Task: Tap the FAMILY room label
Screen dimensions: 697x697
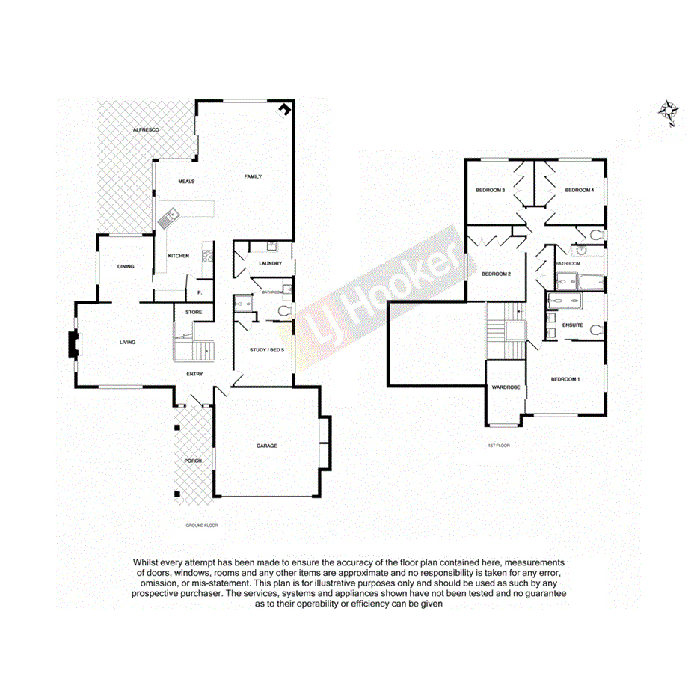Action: pyautogui.click(x=253, y=176)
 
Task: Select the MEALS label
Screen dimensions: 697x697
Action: pyautogui.click(x=186, y=182)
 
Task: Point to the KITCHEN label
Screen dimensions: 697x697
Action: pyautogui.click(x=178, y=256)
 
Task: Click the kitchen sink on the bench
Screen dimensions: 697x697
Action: pyautogui.click(x=169, y=219)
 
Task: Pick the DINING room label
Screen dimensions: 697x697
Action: pyautogui.click(x=126, y=266)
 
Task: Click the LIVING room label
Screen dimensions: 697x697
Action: pyautogui.click(x=128, y=342)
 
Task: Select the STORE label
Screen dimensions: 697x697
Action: pyautogui.click(x=194, y=312)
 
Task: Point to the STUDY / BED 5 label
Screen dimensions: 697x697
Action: pyautogui.click(x=266, y=350)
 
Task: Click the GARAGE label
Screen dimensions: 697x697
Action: pyautogui.click(x=267, y=446)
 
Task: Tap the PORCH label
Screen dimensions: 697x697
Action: pyautogui.click(x=192, y=461)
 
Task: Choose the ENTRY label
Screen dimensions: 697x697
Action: pyautogui.click(x=194, y=374)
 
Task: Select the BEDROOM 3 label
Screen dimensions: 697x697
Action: pyautogui.click(x=491, y=191)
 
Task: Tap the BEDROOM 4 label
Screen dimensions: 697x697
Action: pyautogui.click(x=579, y=191)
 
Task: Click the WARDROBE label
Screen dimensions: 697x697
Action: pyautogui.click(x=506, y=387)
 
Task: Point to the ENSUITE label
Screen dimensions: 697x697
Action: pyautogui.click(x=572, y=325)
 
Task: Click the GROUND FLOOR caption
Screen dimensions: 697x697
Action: pyautogui.click(x=202, y=526)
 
